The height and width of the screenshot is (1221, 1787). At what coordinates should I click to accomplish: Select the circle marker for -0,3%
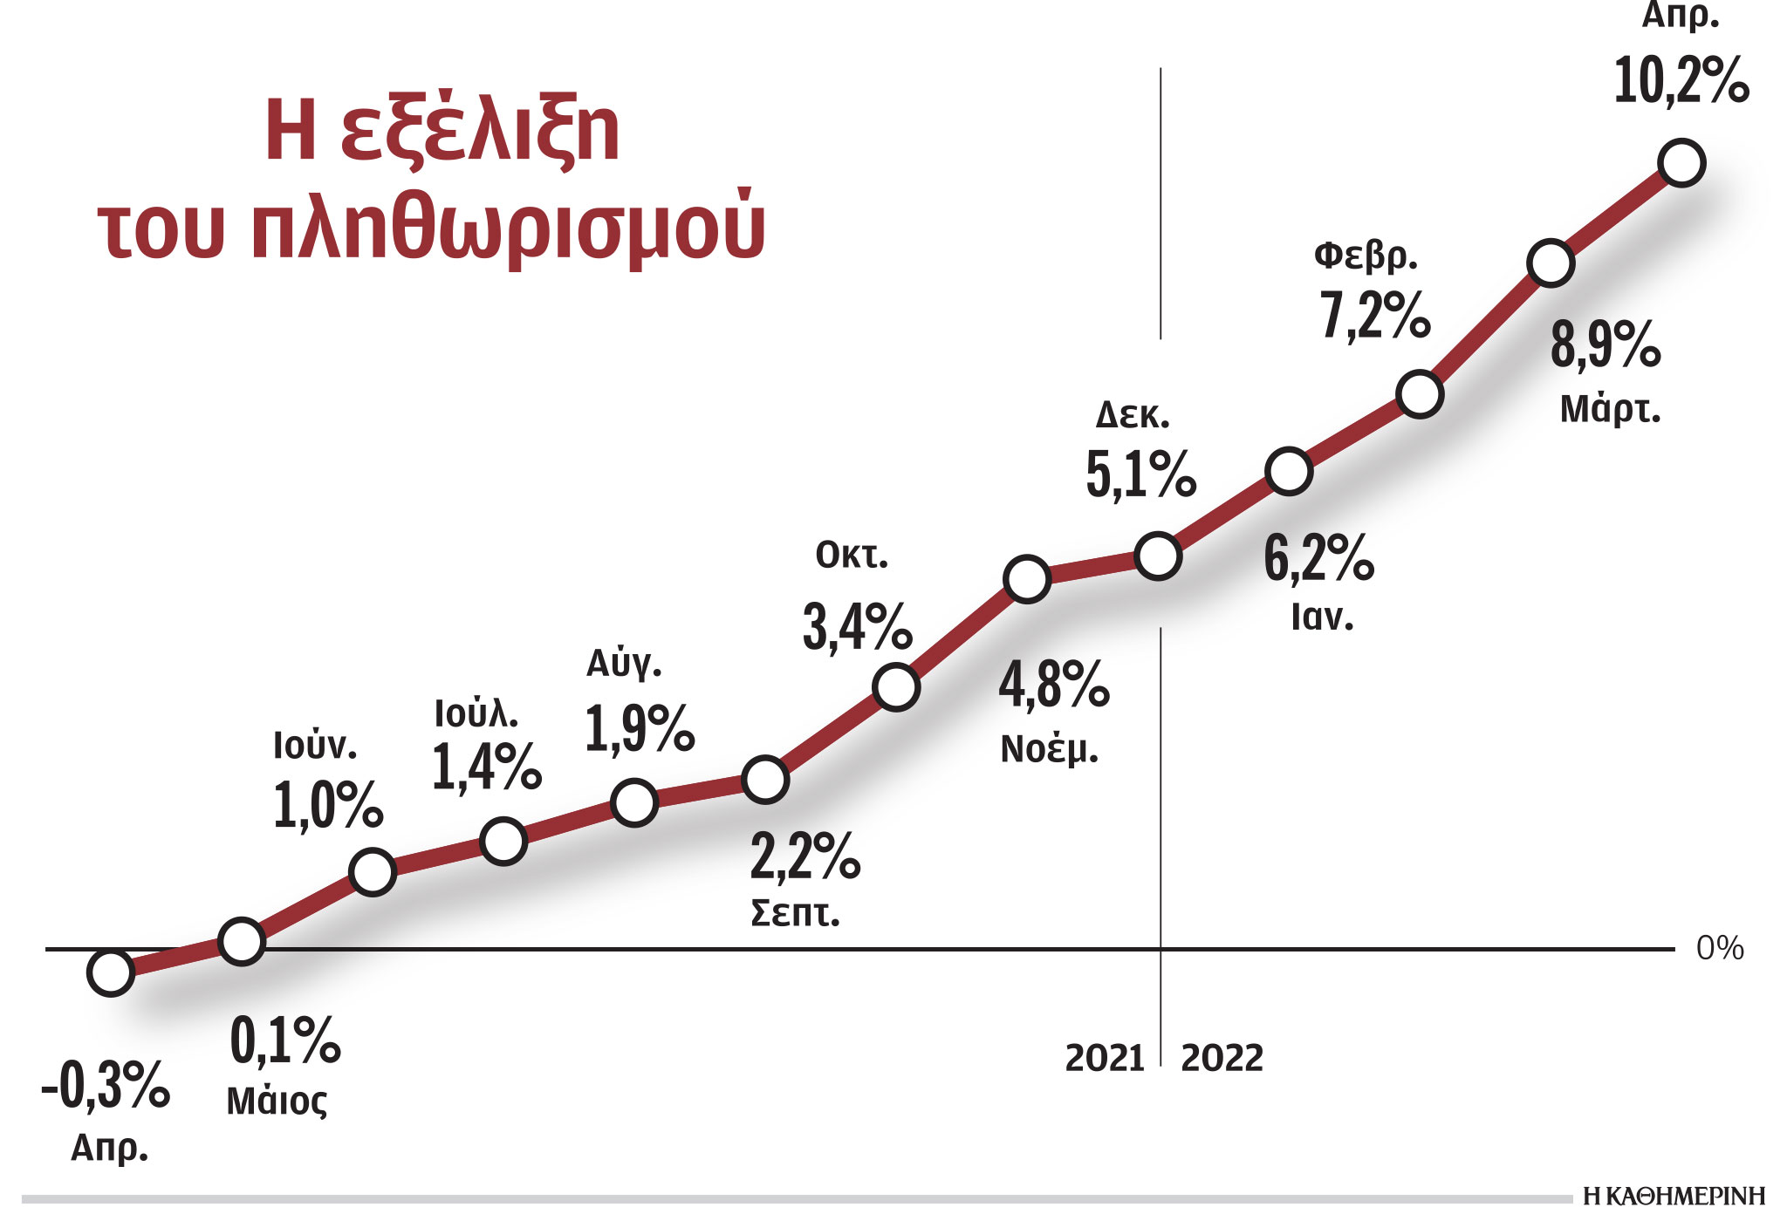click(x=111, y=972)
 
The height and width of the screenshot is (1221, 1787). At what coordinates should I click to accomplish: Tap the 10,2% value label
click(x=1681, y=81)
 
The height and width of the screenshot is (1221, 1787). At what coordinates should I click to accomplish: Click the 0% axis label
click(x=1719, y=949)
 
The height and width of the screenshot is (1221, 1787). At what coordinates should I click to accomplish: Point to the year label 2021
click(x=1105, y=1059)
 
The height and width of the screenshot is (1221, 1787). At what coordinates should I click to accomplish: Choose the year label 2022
click(x=1222, y=1059)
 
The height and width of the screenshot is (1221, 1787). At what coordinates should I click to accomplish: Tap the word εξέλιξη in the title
click(x=480, y=131)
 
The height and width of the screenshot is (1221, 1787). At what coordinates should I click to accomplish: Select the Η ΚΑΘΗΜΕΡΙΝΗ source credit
click(x=1674, y=1197)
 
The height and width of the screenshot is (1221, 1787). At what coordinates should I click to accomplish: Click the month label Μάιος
click(x=277, y=1102)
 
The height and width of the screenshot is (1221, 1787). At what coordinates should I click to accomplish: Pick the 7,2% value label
click(x=1374, y=316)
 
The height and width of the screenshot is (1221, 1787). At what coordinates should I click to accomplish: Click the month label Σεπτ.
click(x=795, y=913)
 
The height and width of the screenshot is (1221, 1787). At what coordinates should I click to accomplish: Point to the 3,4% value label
click(x=857, y=627)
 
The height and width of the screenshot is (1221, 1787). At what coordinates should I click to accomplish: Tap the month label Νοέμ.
click(x=1049, y=750)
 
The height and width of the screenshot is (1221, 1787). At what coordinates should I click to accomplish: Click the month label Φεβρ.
click(x=1366, y=256)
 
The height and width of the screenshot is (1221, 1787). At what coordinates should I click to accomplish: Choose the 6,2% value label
click(x=1318, y=558)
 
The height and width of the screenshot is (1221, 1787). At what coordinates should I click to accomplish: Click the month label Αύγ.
click(x=624, y=665)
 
